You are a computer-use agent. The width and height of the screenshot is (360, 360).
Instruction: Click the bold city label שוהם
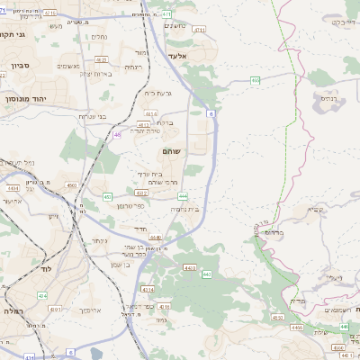point(171,152)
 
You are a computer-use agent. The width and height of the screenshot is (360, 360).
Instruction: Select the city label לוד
point(45,269)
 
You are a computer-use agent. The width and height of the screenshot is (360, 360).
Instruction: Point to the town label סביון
point(22,67)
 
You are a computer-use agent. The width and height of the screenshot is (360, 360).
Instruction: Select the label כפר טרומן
point(129,206)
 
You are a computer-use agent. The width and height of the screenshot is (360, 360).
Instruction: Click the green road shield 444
point(183,196)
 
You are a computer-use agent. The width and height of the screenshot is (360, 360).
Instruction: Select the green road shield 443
point(190,266)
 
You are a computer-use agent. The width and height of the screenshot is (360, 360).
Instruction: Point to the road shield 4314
point(148,289)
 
